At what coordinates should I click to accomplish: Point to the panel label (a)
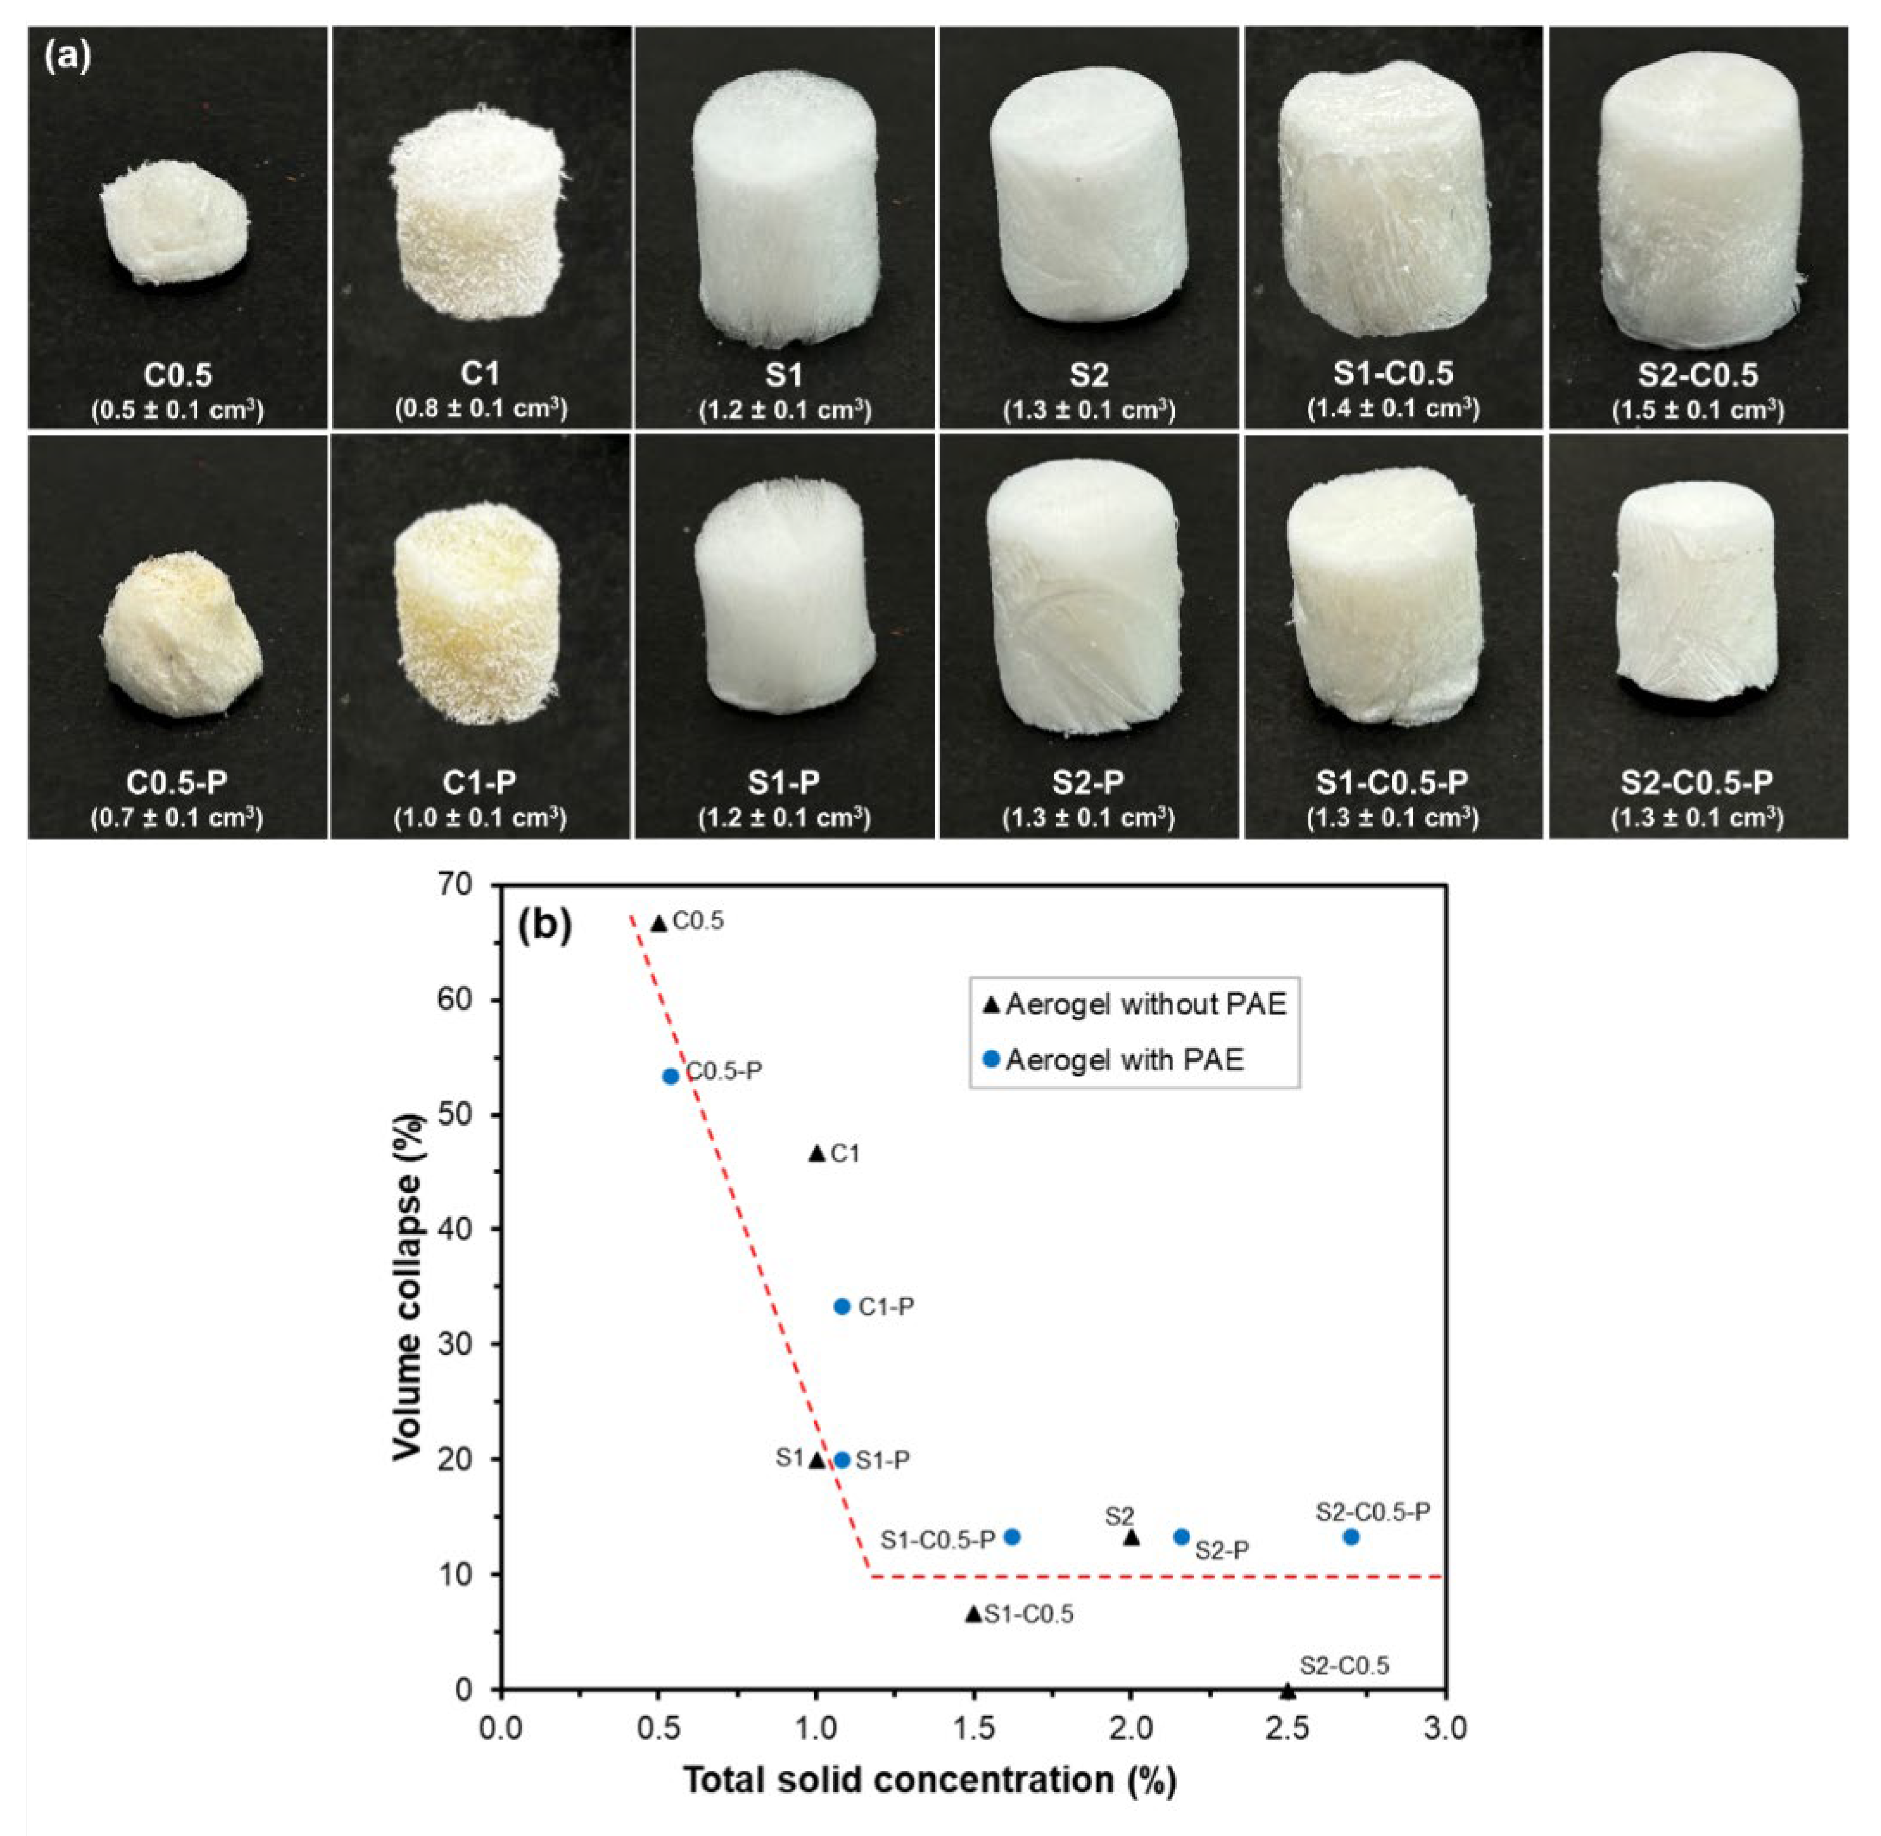(x=68, y=57)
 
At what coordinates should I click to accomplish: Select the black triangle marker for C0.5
(x=659, y=924)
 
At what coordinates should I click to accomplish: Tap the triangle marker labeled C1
(x=816, y=1153)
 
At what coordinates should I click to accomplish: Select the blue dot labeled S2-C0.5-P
(x=1351, y=1537)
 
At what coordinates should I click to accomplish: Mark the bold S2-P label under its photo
(x=1087, y=782)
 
